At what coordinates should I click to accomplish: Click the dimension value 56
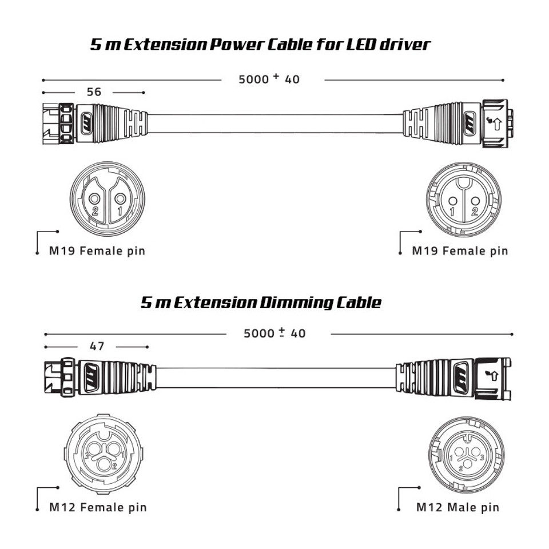[95, 92]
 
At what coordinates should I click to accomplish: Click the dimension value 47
[98, 346]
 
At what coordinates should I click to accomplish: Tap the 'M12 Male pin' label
[457, 507]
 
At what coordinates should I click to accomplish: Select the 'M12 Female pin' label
[98, 507]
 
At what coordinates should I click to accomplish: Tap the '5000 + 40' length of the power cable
[269, 79]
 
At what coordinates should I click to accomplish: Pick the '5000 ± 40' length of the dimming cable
[274, 333]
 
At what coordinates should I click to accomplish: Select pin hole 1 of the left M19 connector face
[120, 199]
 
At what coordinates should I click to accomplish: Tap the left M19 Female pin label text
[97, 250]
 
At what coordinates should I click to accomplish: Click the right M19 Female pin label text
[460, 250]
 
